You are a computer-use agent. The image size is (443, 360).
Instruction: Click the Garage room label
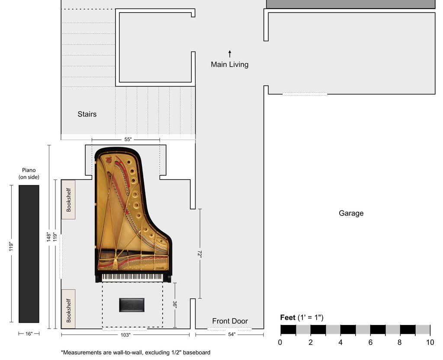pos(351,213)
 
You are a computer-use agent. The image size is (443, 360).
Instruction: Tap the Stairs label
pos(87,114)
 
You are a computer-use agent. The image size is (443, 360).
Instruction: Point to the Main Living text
pos(230,64)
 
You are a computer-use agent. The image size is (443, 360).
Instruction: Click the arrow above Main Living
pos(230,54)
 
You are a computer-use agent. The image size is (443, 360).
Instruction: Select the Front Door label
pos(230,321)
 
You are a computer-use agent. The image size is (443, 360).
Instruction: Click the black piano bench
pos(132,305)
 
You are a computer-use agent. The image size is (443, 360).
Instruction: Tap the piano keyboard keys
pos(132,277)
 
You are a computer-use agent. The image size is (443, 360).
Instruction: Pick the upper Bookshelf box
pos(68,199)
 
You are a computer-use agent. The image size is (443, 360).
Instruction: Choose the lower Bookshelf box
pos(68,309)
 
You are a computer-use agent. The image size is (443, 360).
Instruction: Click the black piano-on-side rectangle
pos(29,254)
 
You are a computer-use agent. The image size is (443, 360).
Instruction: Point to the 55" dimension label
pos(128,139)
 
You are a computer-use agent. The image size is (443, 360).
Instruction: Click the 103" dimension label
pos(125,335)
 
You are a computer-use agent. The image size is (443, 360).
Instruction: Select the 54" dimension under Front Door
pos(232,334)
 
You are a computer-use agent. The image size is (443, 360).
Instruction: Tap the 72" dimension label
pos(200,254)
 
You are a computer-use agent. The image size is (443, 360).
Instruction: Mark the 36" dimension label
pos(175,305)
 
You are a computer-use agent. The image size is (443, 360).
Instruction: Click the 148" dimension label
pos(49,237)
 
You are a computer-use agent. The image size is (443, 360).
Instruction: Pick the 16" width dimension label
pos(29,334)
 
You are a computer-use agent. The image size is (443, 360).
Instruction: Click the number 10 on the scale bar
pos(430,343)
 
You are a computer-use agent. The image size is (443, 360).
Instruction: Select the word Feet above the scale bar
pos(288,318)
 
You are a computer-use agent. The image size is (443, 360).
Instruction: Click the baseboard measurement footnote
pos(135,352)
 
